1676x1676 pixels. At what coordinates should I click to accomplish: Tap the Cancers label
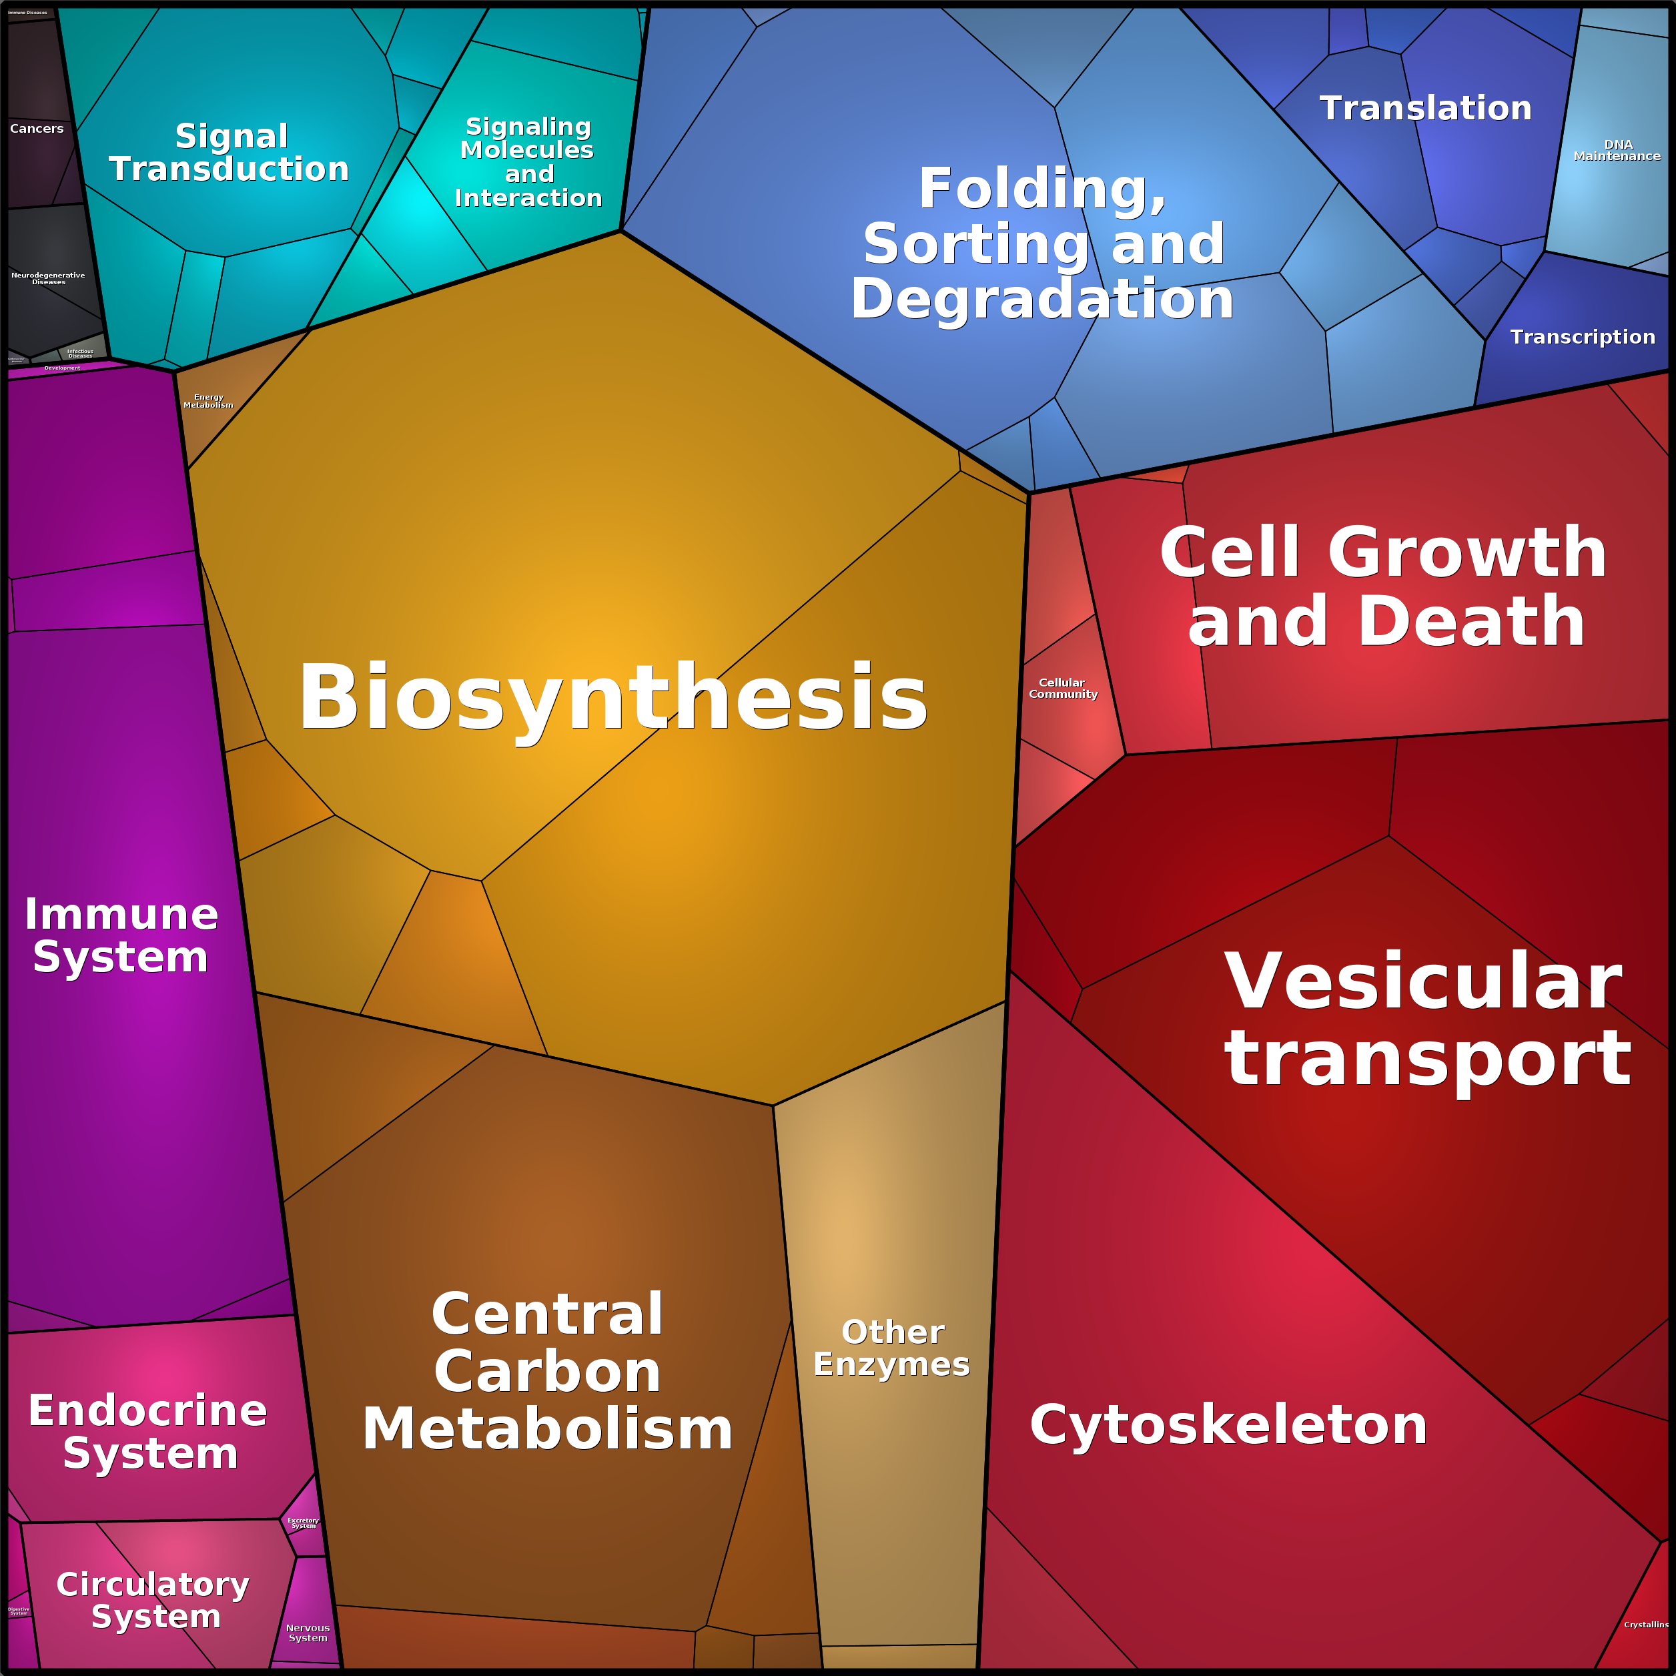37,128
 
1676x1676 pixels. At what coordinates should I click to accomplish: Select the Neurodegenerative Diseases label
49,278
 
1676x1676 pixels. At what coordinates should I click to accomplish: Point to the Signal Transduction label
229,153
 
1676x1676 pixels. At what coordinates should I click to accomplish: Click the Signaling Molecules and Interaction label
528,162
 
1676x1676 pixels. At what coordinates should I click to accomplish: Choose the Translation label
1425,109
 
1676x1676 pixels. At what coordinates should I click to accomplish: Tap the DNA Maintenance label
1617,150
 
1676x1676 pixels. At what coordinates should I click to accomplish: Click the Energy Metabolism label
208,401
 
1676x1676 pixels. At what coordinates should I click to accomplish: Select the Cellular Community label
1063,688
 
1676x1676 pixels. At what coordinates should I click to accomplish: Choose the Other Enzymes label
892,1348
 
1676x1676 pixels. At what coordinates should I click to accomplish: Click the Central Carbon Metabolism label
547,1372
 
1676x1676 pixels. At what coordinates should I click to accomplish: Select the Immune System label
121,935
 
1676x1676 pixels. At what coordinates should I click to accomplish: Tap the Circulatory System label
153,1600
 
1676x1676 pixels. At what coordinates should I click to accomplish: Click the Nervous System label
308,1633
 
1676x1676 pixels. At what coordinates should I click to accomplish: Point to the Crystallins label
1645,1624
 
